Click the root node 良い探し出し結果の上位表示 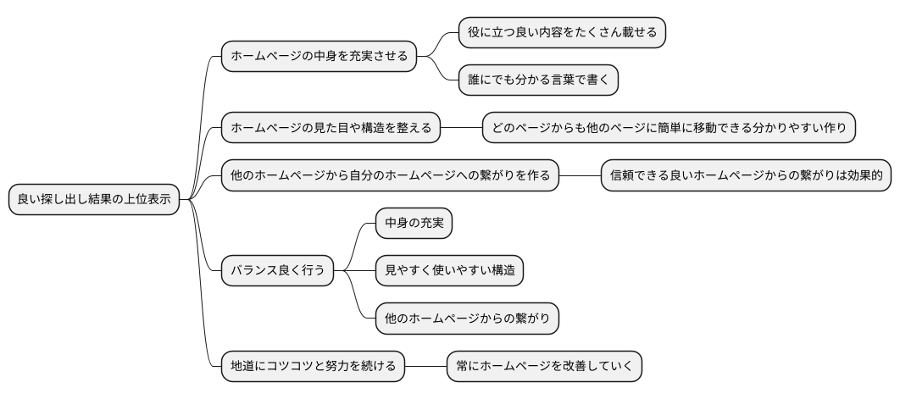(94, 201)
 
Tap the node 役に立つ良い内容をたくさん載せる (562, 33)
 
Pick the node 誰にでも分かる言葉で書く (538, 80)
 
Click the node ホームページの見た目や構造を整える (331, 129)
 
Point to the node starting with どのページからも (669, 129)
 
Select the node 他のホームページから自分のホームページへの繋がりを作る (390, 176)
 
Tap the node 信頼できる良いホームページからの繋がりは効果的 (746, 176)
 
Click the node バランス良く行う (277, 271)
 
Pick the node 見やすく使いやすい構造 (449, 271)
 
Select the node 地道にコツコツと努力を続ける (313, 367)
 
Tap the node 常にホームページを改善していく (544, 367)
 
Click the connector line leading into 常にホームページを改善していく (425, 367)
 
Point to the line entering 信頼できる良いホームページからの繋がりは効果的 (580, 176)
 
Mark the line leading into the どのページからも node (461, 129)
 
